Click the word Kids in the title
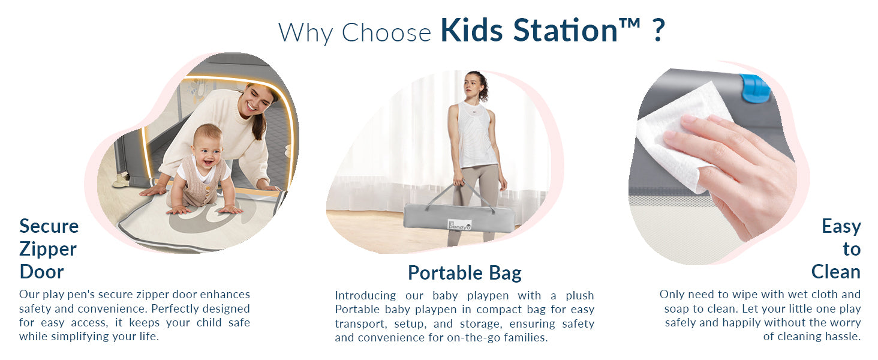point(471,30)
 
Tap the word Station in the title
point(566,30)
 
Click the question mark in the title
point(659,30)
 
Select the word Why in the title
point(306,33)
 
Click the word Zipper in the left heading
point(48,250)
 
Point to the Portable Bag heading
point(464,273)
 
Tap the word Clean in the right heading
point(835,272)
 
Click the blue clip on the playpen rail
point(755,88)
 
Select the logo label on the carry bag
point(459,225)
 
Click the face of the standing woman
point(473,85)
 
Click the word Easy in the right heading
point(841,227)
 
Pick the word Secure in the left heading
point(49,226)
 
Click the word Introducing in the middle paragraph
point(365,295)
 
